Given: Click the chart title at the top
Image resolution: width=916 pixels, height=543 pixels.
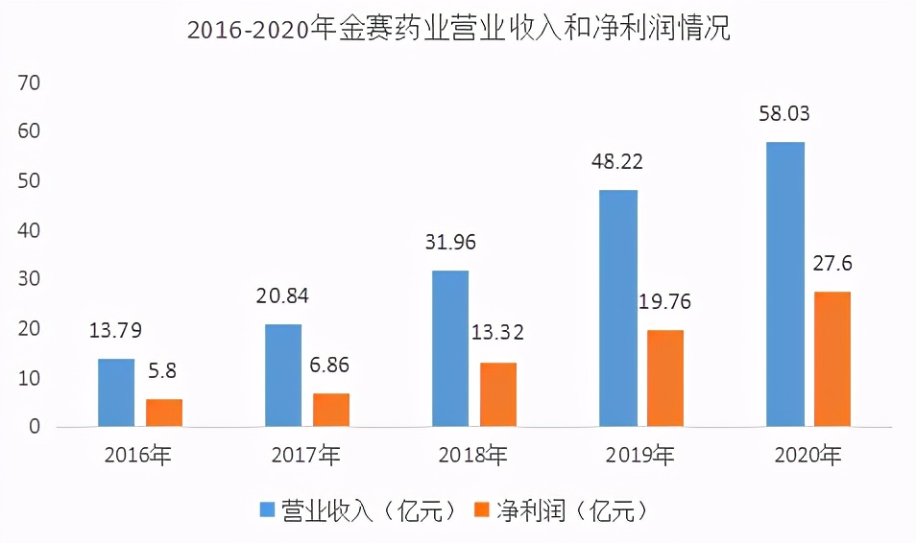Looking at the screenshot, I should (x=458, y=30).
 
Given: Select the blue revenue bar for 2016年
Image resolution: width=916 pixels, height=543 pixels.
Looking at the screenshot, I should (x=116, y=392).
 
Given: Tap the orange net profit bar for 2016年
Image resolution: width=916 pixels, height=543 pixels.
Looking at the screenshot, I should (x=164, y=413).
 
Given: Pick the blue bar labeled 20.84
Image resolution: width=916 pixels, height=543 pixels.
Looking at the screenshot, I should (x=283, y=375).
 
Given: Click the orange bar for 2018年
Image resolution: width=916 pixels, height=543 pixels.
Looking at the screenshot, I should (x=498, y=394).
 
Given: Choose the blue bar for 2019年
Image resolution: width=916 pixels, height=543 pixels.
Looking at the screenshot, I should (x=617, y=308).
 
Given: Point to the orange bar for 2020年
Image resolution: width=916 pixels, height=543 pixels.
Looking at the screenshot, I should (x=832, y=359).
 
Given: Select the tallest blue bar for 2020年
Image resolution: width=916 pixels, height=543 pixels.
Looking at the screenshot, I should (x=785, y=284).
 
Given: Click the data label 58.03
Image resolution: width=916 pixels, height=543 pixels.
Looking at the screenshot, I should (x=784, y=114).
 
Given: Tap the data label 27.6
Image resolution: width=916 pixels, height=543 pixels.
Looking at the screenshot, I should (x=832, y=263).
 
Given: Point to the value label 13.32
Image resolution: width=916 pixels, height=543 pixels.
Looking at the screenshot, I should (x=497, y=334).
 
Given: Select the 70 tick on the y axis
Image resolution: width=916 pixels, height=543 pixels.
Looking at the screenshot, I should (x=29, y=83).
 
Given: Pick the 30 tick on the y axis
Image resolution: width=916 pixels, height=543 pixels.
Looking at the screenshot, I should (x=29, y=279).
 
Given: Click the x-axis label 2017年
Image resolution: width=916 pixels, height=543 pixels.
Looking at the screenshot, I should (x=305, y=455).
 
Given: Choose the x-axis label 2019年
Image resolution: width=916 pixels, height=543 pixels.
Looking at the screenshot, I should (x=639, y=455).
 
